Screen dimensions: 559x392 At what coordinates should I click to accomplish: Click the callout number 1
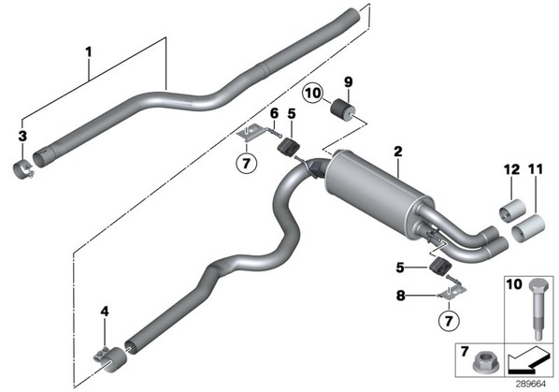tap(89, 52)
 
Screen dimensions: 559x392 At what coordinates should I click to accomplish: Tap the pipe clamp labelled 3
tap(23, 170)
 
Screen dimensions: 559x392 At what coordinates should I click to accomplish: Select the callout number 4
tap(105, 312)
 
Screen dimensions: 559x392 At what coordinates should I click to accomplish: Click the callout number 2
tap(398, 152)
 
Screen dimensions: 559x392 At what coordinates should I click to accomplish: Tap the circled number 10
tap(312, 94)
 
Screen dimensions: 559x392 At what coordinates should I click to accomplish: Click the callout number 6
tap(274, 114)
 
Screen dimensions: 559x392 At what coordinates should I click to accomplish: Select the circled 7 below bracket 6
tap(247, 164)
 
